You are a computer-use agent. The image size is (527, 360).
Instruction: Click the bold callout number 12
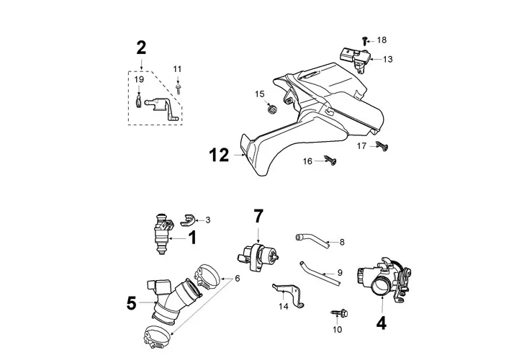[219, 156]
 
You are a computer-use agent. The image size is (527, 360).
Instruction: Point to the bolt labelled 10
[339, 314]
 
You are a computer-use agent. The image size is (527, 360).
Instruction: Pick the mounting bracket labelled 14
[288, 294]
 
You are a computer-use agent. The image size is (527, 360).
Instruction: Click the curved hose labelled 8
[312, 240]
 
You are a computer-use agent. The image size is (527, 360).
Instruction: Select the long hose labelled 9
[319, 272]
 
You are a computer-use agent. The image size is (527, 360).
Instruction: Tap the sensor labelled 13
[356, 59]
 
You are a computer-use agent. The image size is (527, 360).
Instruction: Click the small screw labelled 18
[364, 41]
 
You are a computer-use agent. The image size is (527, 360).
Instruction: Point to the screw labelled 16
[330, 161]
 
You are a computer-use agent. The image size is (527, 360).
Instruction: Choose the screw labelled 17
[382, 145]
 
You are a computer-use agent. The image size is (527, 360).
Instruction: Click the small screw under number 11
[178, 89]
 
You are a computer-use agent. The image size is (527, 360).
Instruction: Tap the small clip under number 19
[138, 102]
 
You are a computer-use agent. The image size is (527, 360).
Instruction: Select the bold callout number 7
[258, 216]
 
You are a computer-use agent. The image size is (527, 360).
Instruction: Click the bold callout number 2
[141, 48]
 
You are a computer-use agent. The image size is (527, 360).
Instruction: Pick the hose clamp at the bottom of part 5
[157, 336]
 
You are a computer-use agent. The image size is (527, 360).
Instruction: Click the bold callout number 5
[132, 303]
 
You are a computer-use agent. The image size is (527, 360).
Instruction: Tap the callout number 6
[238, 279]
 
